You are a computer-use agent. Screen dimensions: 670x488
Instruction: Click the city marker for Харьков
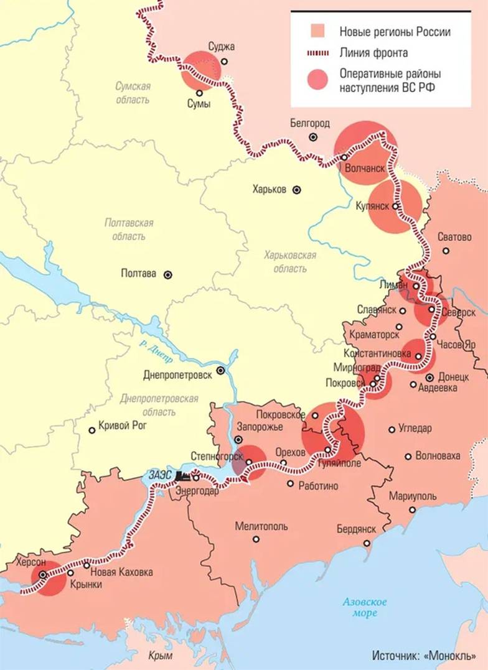coord(298,189)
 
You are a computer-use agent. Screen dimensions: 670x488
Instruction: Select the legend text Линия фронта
coord(373,52)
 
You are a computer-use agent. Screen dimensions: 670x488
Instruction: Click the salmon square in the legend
coord(318,32)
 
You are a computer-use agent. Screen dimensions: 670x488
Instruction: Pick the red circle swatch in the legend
coord(318,80)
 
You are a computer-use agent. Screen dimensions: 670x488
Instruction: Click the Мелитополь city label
coord(261,526)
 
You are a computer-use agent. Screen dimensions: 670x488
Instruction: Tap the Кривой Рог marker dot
coord(92,429)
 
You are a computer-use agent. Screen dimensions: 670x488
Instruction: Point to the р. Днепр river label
coord(151,347)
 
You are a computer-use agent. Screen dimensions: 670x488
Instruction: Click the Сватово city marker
coord(446,251)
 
